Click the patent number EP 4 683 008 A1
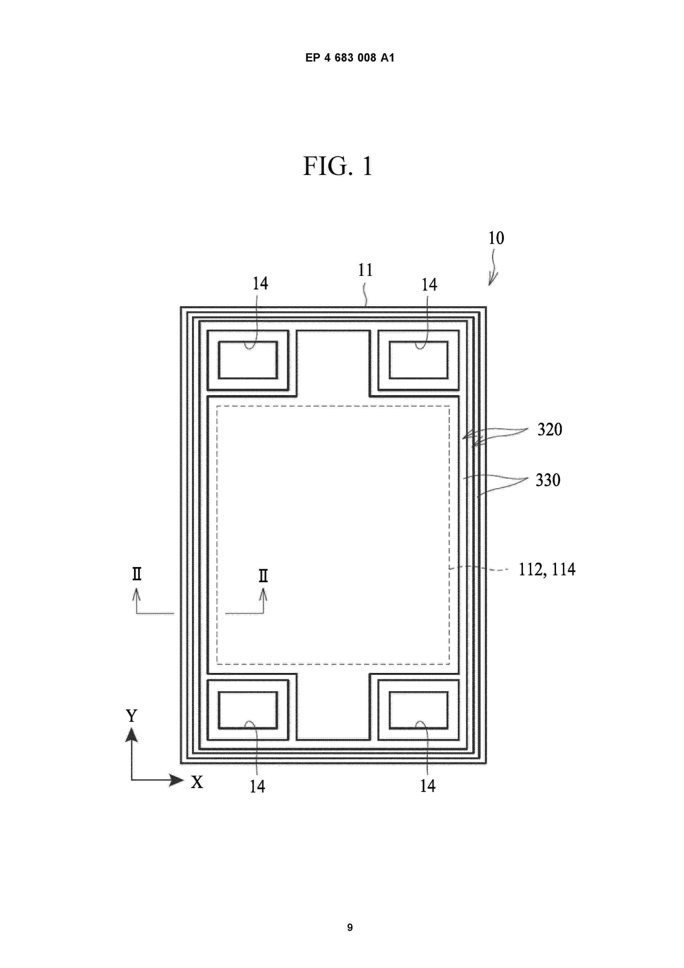349,58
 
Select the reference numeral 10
496,238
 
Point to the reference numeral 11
365,270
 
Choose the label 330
548,480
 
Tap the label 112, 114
547,570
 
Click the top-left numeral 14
260,283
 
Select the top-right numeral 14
429,284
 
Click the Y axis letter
132,716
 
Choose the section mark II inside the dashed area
263,576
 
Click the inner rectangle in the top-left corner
248,360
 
